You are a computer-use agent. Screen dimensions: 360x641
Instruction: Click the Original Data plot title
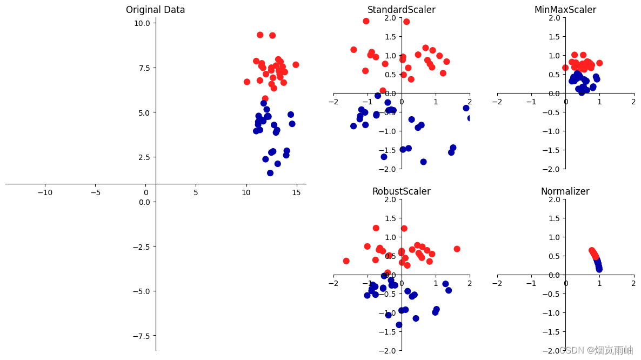pyautogui.click(x=155, y=10)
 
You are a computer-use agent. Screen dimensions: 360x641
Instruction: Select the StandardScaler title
pyautogui.click(x=401, y=10)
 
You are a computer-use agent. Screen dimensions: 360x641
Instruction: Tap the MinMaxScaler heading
pyautogui.click(x=565, y=10)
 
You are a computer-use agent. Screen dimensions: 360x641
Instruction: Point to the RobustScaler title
pyautogui.click(x=401, y=191)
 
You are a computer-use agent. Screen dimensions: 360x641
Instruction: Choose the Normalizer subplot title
pyautogui.click(x=565, y=191)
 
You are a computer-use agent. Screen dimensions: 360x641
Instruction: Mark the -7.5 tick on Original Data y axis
pyautogui.click(x=142, y=336)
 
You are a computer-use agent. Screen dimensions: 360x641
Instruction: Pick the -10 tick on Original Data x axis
pyautogui.click(x=45, y=192)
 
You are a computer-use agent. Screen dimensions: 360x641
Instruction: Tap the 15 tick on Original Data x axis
pyautogui.click(x=296, y=192)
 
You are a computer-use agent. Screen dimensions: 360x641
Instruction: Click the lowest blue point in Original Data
pyautogui.click(x=270, y=173)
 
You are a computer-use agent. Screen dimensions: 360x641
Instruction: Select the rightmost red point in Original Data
pyautogui.click(x=296, y=65)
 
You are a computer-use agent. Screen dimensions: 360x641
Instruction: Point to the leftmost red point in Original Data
pyautogui.click(x=247, y=82)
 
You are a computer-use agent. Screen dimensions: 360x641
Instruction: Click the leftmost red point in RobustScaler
pyautogui.click(x=346, y=261)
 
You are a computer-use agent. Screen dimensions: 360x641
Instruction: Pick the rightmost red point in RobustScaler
pyautogui.click(x=457, y=249)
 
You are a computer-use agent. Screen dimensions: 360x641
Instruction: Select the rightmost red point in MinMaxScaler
pyautogui.click(x=599, y=63)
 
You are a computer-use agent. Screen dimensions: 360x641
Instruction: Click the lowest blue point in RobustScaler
pyautogui.click(x=399, y=325)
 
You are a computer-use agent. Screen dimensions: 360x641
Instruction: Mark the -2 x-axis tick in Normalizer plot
pyautogui.click(x=497, y=283)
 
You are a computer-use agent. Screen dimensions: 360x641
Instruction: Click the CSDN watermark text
pyautogui.click(x=596, y=350)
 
